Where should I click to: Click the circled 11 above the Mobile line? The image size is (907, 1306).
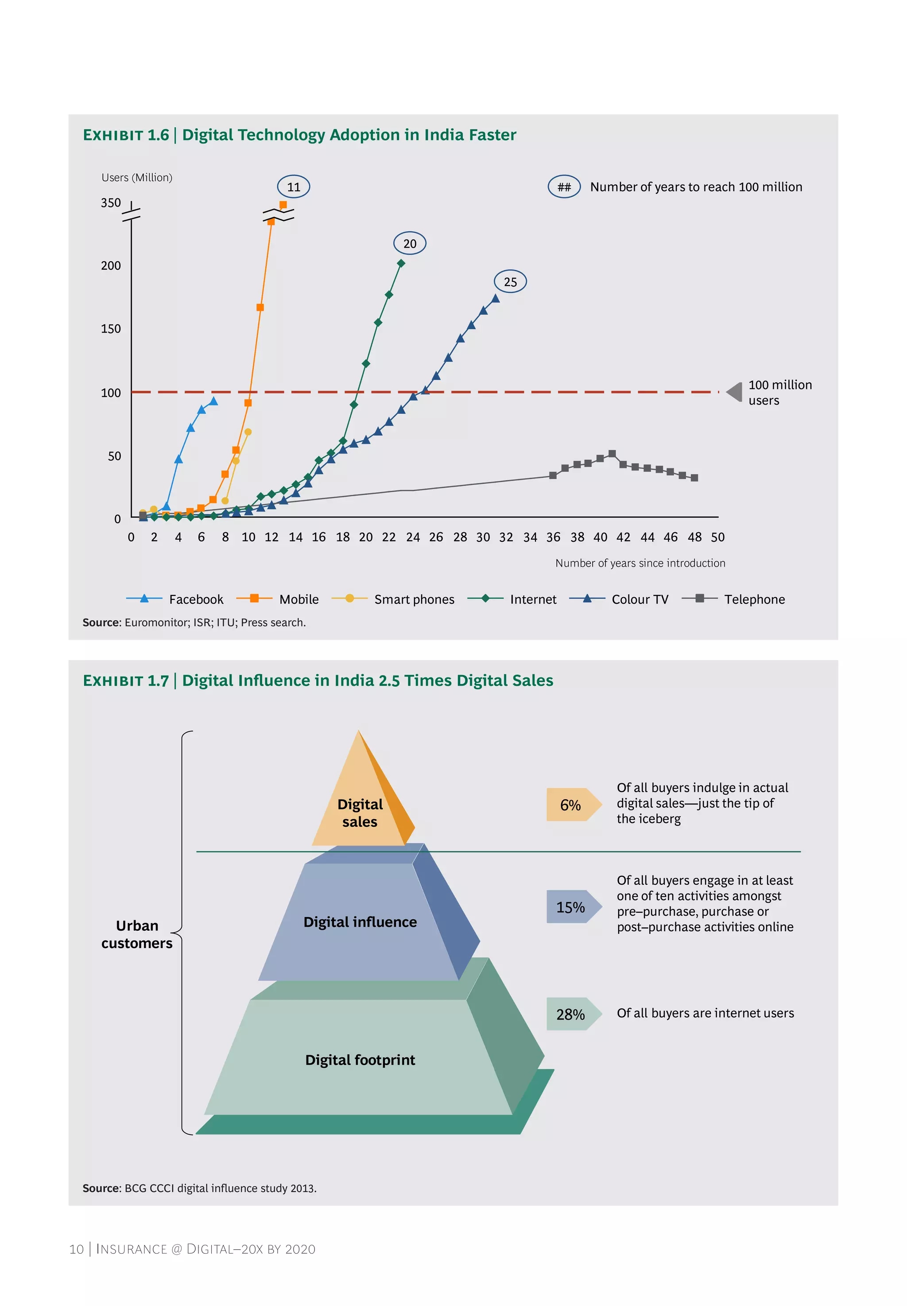coord(293,187)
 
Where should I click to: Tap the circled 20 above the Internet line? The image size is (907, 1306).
coord(409,243)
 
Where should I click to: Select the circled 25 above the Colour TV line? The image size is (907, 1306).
coord(510,281)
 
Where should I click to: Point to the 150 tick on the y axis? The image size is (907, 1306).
coord(111,328)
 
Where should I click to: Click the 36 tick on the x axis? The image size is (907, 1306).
coord(553,537)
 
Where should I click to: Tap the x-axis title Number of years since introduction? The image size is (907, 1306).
coord(640,563)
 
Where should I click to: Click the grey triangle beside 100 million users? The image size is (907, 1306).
coord(735,392)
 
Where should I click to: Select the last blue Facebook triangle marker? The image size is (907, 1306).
coord(213,401)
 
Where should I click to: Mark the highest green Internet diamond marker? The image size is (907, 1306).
coord(401,263)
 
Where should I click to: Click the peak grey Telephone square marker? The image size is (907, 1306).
coord(612,454)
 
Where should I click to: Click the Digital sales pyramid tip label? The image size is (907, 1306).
coord(360,812)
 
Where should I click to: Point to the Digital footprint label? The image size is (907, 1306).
coord(360,1059)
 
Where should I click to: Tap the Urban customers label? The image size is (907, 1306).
coord(137,934)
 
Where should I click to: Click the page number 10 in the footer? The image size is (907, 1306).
coord(76,1248)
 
